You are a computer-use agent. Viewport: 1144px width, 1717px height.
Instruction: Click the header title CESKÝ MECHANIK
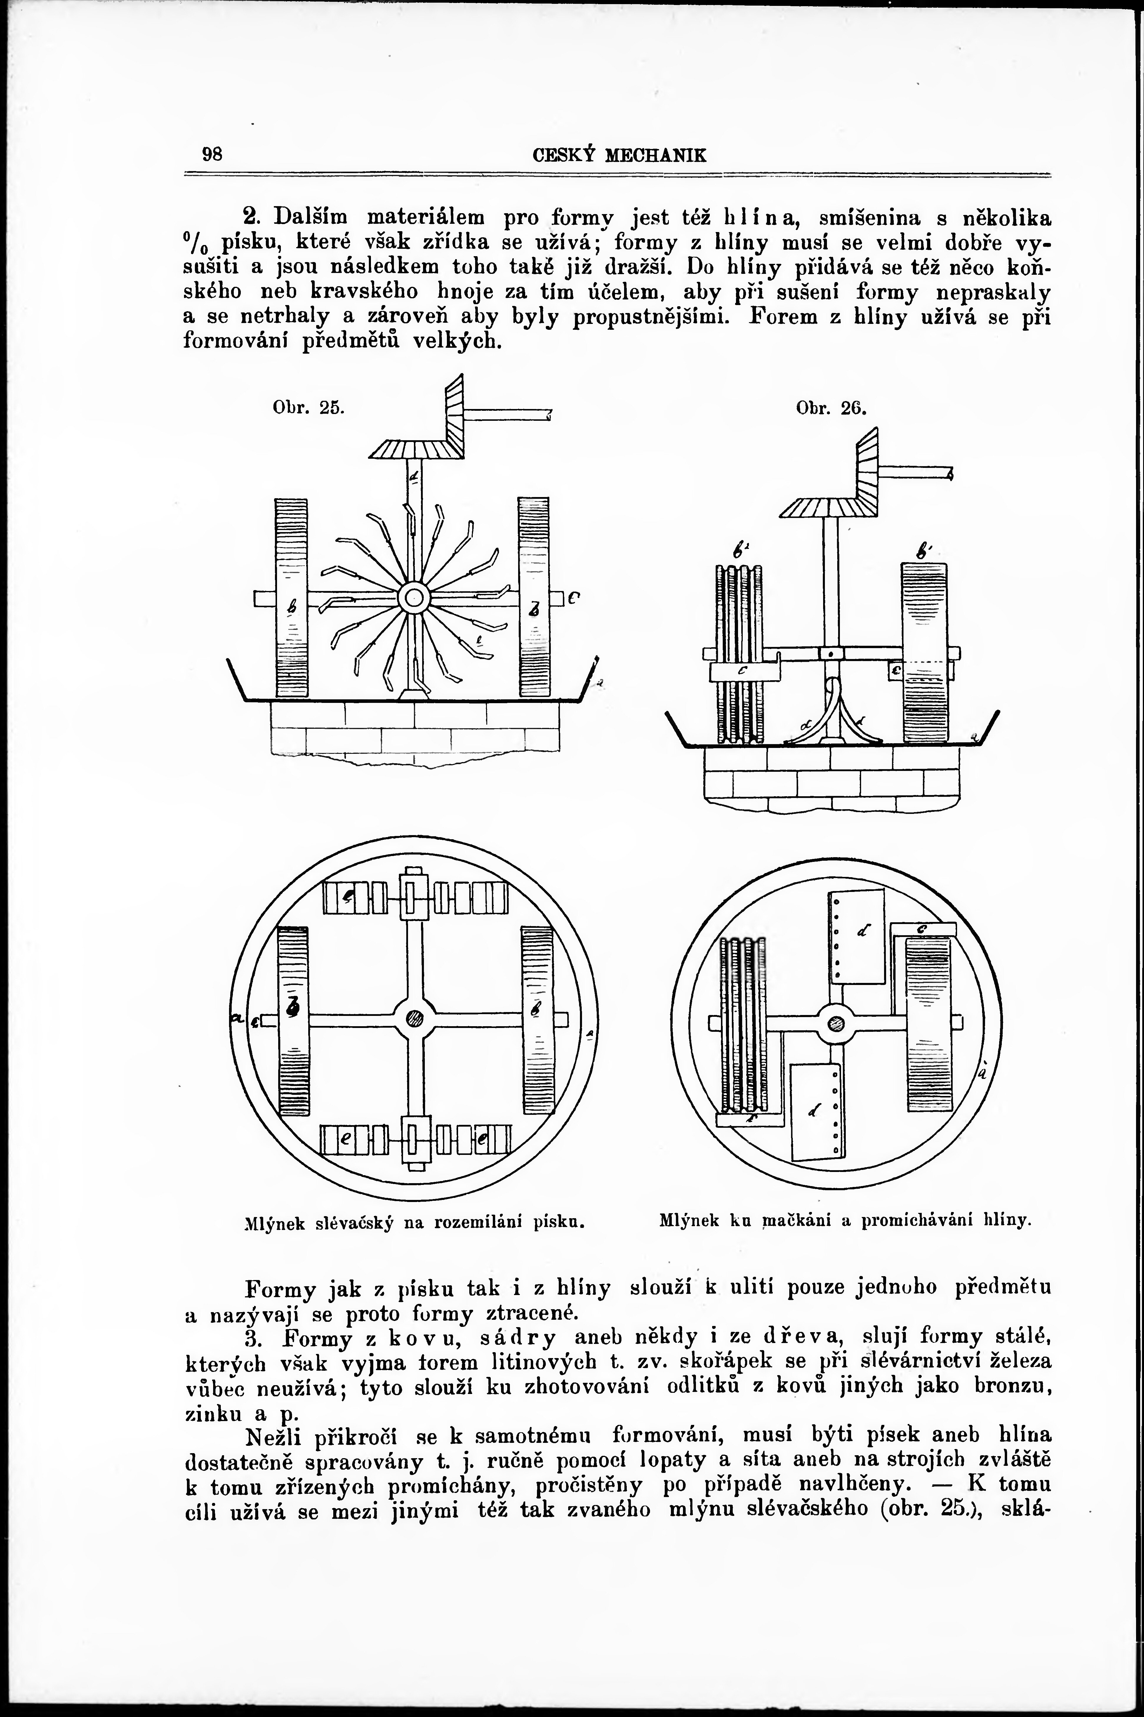619,155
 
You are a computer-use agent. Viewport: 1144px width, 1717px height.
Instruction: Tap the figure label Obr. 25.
308,408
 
